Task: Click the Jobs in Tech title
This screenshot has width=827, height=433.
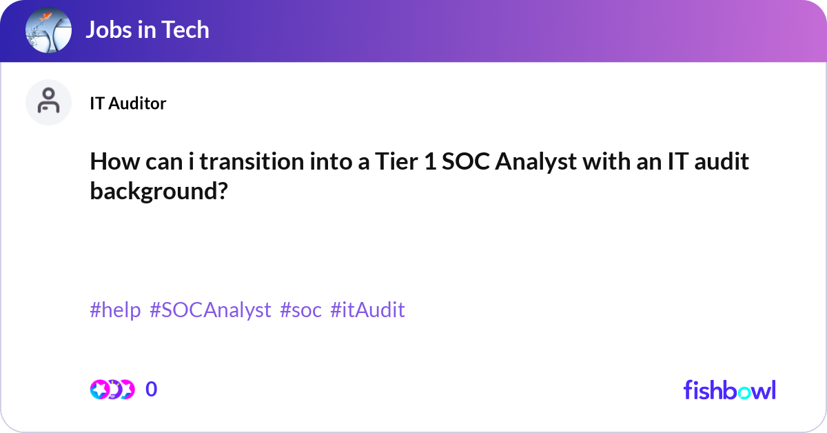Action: (x=147, y=30)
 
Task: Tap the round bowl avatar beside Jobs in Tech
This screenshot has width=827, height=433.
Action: (x=48, y=31)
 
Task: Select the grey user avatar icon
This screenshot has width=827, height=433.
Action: (x=48, y=102)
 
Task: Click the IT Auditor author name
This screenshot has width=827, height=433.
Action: (x=127, y=103)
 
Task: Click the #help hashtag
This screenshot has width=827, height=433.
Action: (x=115, y=310)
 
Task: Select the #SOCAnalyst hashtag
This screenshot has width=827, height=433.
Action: (x=210, y=310)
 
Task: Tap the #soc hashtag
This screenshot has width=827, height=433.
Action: (x=300, y=310)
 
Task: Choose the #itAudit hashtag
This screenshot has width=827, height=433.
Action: (x=367, y=310)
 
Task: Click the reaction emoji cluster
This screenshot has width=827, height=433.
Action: (x=112, y=390)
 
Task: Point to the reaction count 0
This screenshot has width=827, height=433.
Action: (x=152, y=390)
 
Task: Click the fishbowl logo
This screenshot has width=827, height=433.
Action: (x=729, y=390)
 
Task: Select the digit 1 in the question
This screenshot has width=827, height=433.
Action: (x=430, y=162)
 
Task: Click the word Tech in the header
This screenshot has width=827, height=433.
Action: (x=185, y=30)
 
